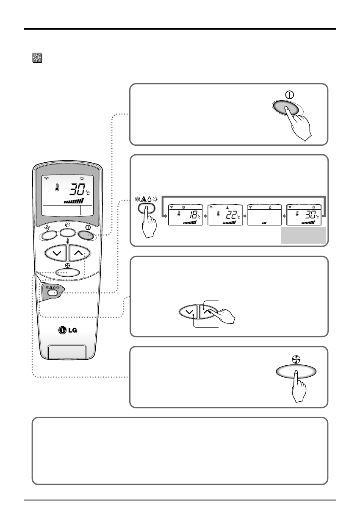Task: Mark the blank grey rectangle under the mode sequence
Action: [x=304, y=235]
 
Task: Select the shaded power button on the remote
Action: [x=87, y=233]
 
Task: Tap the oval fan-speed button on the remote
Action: [x=68, y=272]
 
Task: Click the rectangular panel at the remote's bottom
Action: [x=68, y=352]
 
